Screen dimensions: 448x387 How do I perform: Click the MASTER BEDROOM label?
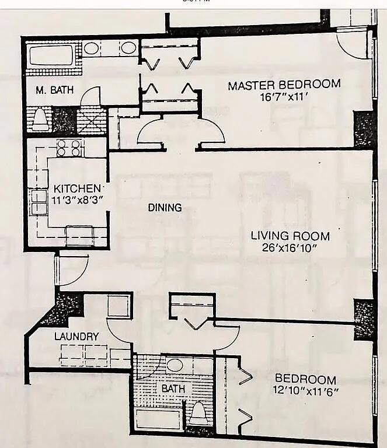pyautogui.click(x=284, y=85)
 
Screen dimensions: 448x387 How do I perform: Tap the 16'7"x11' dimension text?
pyautogui.click(x=284, y=96)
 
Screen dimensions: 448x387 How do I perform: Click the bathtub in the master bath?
pyautogui.click(x=51, y=55)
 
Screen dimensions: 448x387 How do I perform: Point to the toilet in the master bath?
pyautogui.click(x=40, y=118)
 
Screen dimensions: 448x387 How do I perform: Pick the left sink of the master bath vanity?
pyautogui.click(x=91, y=48)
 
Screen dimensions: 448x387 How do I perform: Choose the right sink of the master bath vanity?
pyautogui.click(x=128, y=48)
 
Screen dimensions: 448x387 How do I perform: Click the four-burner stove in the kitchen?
pyautogui.click(x=69, y=148)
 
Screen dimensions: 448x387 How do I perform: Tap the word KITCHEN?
pyautogui.click(x=77, y=188)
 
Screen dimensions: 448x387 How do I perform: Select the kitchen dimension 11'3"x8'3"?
pyautogui.click(x=77, y=199)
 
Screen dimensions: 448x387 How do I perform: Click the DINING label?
pyautogui.click(x=164, y=207)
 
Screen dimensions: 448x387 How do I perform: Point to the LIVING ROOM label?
pyautogui.click(x=290, y=236)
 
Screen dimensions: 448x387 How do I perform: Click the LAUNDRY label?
pyautogui.click(x=76, y=337)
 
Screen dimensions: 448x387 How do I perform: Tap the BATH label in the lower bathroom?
pyautogui.click(x=173, y=388)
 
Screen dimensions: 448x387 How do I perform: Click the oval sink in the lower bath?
pyautogui.click(x=174, y=366)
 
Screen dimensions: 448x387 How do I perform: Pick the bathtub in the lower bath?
pyautogui.click(x=158, y=418)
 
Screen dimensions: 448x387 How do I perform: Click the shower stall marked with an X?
pyautogui.click(x=92, y=121)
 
